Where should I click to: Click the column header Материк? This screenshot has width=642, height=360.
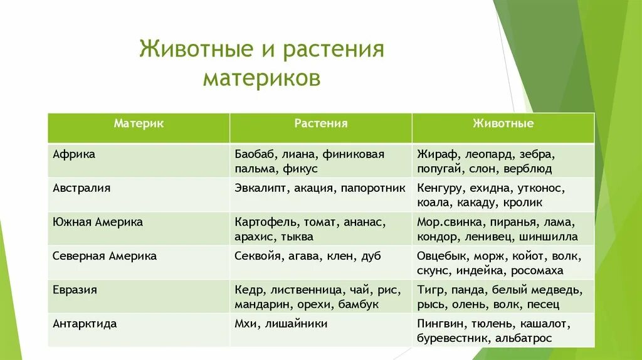point(139,124)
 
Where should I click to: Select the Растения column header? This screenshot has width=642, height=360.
point(320,124)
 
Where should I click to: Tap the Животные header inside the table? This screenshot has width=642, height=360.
point(503,124)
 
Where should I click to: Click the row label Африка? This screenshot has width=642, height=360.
point(74,154)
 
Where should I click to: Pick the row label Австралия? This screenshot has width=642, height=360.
point(82,188)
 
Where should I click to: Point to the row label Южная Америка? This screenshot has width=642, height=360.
point(98,222)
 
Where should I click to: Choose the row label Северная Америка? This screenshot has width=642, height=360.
point(105,256)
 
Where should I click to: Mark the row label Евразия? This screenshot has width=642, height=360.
point(75,290)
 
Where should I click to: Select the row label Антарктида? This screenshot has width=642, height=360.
point(85,324)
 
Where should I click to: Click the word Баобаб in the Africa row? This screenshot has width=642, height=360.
point(255,154)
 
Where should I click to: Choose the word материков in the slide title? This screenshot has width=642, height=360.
point(261,78)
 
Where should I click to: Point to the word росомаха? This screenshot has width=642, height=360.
point(537,271)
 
